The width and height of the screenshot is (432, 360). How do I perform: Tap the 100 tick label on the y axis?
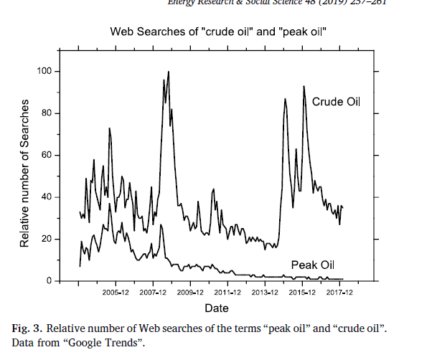(x=49, y=71)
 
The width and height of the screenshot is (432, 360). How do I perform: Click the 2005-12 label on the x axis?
(x=116, y=293)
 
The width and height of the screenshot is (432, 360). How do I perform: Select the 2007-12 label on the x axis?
(x=153, y=293)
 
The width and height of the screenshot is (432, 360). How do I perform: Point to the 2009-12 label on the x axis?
(x=190, y=293)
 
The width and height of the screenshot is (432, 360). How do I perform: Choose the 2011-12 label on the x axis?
(x=227, y=293)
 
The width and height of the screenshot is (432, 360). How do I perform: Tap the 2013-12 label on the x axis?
(x=265, y=293)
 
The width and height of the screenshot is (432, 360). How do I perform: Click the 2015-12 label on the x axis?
(x=302, y=293)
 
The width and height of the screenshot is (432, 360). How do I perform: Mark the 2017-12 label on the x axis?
(x=339, y=293)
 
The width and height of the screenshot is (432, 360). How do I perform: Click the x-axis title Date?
(x=216, y=308)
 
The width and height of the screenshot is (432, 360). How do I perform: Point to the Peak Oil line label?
(x=314, y=264)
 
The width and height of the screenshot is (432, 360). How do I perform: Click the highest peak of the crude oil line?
(x=169, y=72)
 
